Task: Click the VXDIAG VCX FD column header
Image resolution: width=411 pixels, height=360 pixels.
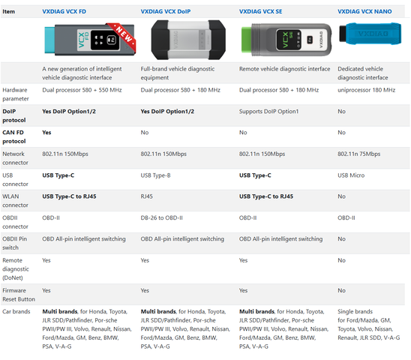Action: pos(64,11)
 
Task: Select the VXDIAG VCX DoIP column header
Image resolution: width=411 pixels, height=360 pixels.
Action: pos(166,11)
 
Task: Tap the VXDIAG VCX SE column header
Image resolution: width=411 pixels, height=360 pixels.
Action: pos(260,11)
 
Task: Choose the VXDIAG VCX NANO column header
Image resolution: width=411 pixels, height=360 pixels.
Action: pos(364,11)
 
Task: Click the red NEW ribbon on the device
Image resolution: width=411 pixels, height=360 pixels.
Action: pos(123,36)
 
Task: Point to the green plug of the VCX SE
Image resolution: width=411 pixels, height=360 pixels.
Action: pos(247,39)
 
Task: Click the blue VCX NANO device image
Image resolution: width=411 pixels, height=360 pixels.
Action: pos(370,34)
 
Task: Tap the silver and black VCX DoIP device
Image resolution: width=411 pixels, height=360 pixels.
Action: pos(188,40)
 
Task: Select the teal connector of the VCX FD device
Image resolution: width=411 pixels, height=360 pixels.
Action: pos(49,40)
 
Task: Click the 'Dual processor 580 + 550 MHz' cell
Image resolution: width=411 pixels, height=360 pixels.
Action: pos(82,90)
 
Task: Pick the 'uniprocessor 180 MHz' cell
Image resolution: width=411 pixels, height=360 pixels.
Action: pos(367,90)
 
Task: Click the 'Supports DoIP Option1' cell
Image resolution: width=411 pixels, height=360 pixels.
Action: pos(268,112)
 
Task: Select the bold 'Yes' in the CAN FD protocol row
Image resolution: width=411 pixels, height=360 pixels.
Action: pos(46,133)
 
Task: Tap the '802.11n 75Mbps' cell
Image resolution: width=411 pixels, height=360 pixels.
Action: pos(358,154)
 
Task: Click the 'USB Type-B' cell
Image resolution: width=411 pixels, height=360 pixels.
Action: pos(155,175)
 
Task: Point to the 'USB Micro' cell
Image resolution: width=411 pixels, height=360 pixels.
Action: pos(351,175)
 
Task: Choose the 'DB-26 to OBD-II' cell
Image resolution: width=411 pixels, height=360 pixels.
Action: pos(162,218)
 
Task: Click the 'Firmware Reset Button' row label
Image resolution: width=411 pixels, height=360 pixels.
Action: pos(19,295)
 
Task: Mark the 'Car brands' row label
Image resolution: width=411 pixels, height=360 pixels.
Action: pos(16,311)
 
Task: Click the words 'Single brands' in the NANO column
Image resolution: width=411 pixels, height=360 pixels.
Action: pos(355,311)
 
